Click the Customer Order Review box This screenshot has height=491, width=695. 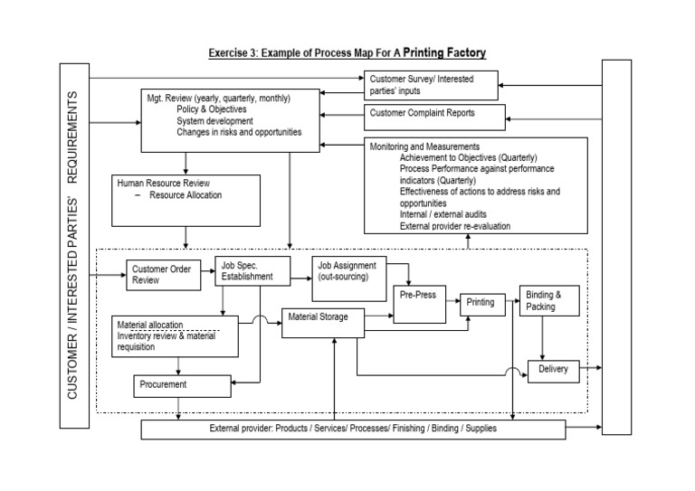pyautogui.click(x=164, y=275)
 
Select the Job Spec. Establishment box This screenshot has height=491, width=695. pyautogui.click(x=252, y=271)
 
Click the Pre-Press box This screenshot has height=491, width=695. pyautogui.click(x=420, y=305)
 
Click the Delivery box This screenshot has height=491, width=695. pyautogui.click(x=553, y=370)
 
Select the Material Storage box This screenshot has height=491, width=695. pyautogui.click(x=327, y=323)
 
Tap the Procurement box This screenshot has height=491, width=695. pyautogui.click(x=181, y=385)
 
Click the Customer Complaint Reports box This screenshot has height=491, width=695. pyautogui.click(x=432, y=115)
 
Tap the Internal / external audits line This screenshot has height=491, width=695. pyautogui.click(x=443, y=214)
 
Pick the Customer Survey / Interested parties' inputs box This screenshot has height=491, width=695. pyautogui.click(x=432, y=86)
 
